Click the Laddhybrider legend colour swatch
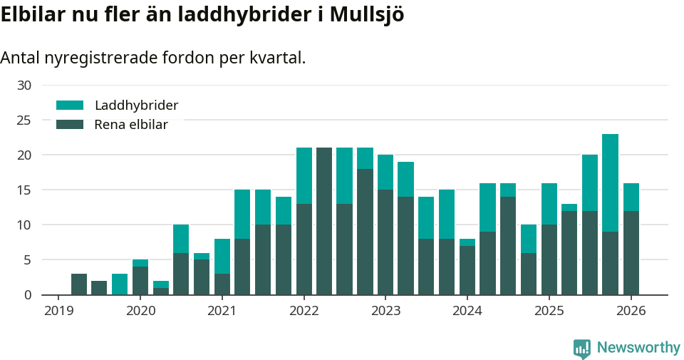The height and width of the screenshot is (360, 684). tap(70, 106)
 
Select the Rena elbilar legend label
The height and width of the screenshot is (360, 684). tap(131, 125)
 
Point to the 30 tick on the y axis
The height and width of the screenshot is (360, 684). tap(24, 86)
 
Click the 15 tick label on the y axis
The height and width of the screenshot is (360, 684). tap(24, 190)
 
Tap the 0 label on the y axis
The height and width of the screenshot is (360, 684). tap(28, 295)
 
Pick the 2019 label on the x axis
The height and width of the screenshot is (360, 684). tap(58, 311)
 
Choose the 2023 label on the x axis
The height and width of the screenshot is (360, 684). tap(385, 311)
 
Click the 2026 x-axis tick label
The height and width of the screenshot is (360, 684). tap(631, 311)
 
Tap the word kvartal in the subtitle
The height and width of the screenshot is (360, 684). tap(277, 58)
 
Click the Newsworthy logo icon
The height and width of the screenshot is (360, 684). tap(582, 348)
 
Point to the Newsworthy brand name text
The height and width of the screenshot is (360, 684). tap(638, 348)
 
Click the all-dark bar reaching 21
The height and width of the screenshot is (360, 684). tap(324, 221)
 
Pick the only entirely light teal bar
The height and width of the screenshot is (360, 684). tap(120, 284)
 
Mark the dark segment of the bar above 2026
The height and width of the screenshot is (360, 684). tap(631, 252)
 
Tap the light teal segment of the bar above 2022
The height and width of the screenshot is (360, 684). tap(304, 175)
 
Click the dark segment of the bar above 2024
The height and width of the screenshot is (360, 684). tap(467, 270)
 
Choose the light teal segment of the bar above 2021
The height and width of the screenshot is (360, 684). tap(222, 256)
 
